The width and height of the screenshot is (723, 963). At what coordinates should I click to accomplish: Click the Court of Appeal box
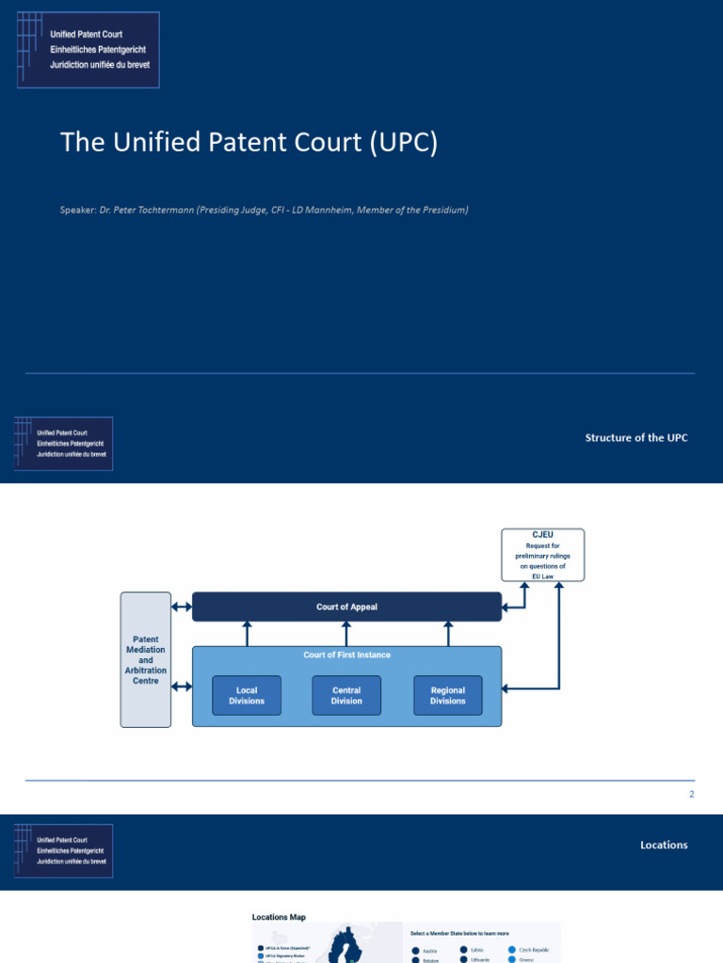pos(346,607)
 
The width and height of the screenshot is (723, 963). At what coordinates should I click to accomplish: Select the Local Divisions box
pos(247,695)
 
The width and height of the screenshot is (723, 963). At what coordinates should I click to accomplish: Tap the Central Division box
pos(346,695)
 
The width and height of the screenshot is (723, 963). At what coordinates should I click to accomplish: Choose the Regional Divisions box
pos(447,695)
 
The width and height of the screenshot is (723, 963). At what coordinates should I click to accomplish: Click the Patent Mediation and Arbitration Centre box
pos(146,659)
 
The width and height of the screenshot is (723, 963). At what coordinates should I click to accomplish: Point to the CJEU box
pos(542,554)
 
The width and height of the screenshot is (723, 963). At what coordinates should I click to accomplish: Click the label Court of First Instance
pos(346,655)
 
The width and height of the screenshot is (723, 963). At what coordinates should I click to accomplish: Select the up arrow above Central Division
pos(346,633)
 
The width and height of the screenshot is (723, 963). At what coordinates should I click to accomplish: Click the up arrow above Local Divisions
pos(247,633)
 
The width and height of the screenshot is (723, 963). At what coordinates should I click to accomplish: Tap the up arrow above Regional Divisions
pos(447,633)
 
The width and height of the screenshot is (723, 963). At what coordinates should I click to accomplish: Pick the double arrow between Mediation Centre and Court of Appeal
pos(182,607)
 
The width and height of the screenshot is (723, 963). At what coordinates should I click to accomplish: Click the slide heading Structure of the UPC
pos(636,438)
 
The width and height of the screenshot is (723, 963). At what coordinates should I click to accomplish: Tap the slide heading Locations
pos(664,845)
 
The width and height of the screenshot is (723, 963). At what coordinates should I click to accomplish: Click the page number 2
pos(691,795)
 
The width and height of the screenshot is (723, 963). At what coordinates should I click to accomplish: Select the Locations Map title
pos(279,917)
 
